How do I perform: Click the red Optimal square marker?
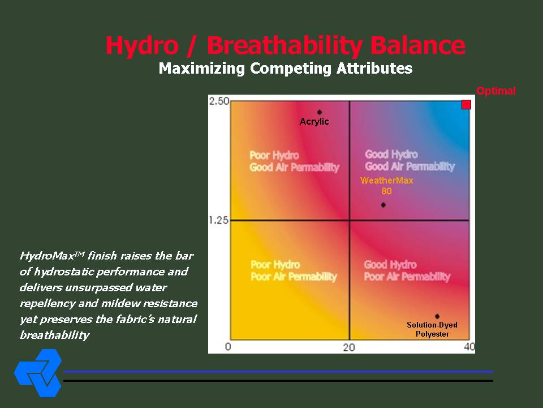click(467, 104)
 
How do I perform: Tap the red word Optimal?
click(496, 91)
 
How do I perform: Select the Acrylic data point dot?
click(319, 112)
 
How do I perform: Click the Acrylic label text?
click(314, 121)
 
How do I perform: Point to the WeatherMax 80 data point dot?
click(383, 205)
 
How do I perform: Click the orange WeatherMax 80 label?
click(386, 186)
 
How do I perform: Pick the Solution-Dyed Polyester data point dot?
click(437, 316)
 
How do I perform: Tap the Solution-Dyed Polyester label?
click(432, 329)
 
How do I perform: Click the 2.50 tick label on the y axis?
click(219, 101)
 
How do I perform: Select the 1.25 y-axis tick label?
click(219, 220)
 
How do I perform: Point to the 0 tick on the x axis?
click(228, 347)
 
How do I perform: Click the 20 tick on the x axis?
click(349, 347)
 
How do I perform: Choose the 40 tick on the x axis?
click(469, 347)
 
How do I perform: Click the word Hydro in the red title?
click(142, 46)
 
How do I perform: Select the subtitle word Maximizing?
click(202, 69)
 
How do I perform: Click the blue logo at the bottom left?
click(38, 373)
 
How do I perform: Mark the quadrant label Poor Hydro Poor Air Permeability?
click(294, 271)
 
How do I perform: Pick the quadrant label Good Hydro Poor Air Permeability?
click(407, 271)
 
